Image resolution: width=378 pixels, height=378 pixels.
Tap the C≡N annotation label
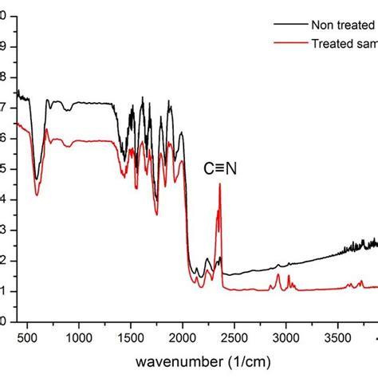coord(221,169)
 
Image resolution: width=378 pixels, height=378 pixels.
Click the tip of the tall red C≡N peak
coord(220,184)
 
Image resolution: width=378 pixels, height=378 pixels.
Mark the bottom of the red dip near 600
coord(37,195)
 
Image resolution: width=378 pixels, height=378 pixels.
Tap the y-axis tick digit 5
coord(3,169)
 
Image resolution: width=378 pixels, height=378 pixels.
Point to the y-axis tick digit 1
coord(3,292)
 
